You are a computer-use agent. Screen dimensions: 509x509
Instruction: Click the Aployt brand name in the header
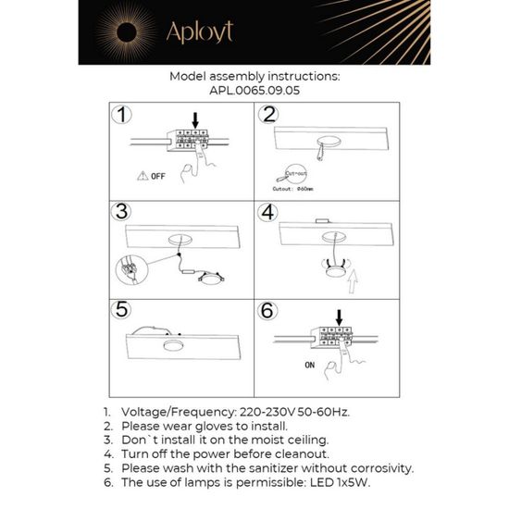[x=199, y=32]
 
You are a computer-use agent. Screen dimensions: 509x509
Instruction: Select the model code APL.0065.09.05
[x=254, y=93]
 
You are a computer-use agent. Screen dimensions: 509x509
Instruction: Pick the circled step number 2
[x=269, y=116]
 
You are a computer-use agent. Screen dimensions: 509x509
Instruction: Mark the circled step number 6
[x=269, y=309]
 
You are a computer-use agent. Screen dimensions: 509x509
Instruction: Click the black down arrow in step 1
[x=194, y=119]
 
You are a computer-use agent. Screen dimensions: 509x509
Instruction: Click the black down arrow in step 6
[x=339, y=317]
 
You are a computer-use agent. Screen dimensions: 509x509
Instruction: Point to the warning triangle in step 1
[x=141, y=174]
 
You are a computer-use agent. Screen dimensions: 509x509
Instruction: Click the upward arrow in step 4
[x=359, y=274]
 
